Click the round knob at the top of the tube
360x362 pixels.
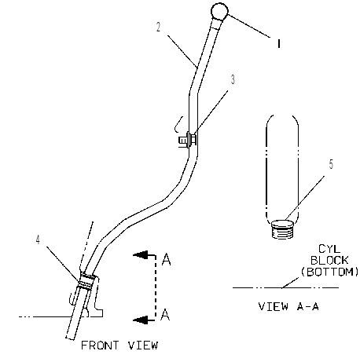click(219, 12)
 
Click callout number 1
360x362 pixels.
click(279, 43)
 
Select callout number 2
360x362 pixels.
click(158, 27)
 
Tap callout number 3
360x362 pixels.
click(233, 79)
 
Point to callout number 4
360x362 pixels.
click(39, 240)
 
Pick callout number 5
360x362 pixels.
click(331, 164)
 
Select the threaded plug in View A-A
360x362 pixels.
click(281, 229)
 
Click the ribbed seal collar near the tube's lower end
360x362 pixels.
click(87, 281)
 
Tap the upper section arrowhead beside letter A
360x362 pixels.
click(141, 254)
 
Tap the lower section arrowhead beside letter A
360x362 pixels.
click(141, 320)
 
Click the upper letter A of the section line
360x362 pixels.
click(167, 259)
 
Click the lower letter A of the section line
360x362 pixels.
click(165, 315)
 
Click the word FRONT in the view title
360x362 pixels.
click(100, 346)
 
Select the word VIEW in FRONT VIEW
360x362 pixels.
click(143, 346)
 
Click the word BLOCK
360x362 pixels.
click(329, 261)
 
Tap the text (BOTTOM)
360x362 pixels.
click(329, 272)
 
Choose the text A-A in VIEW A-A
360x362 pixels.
click(308, 306)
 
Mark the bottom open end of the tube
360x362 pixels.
click(70, 338)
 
